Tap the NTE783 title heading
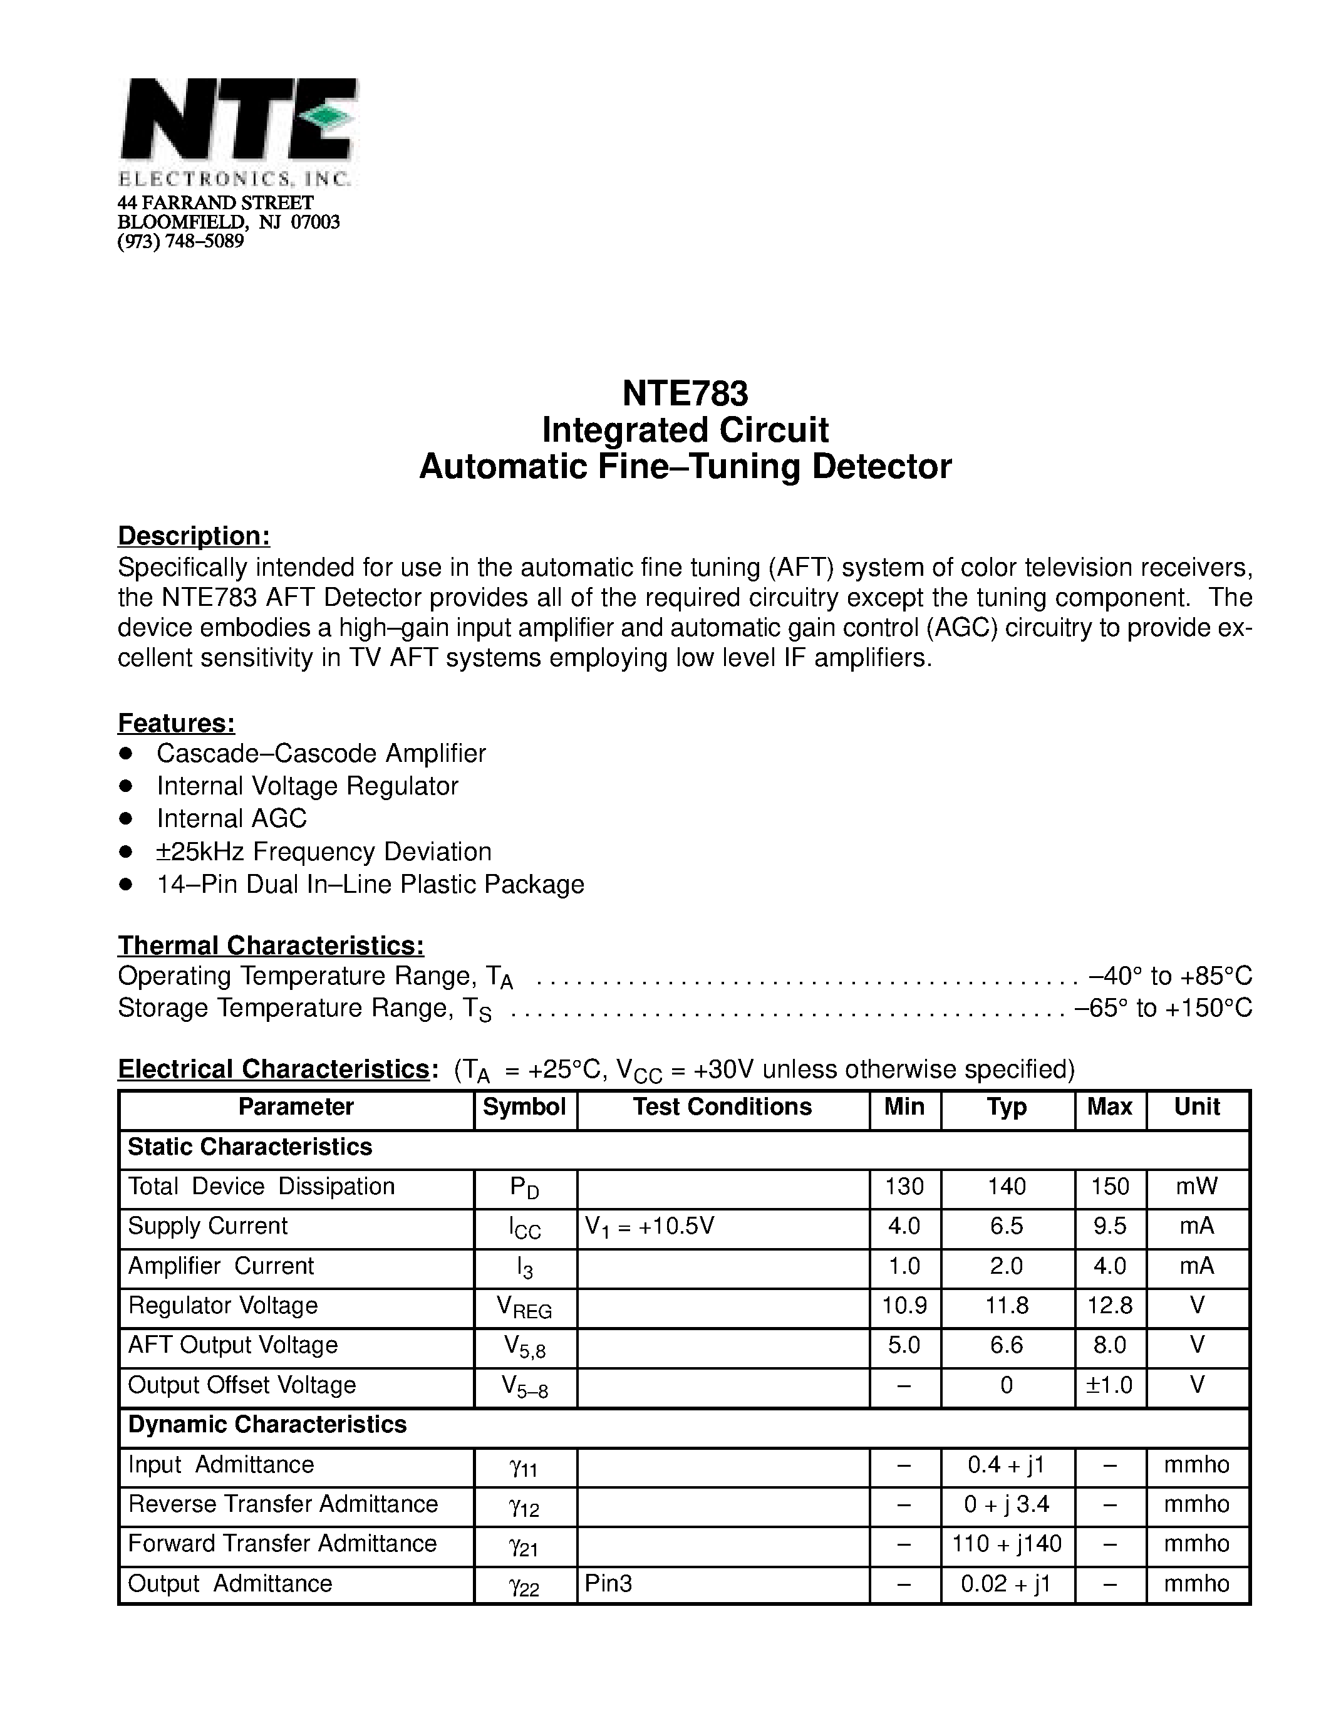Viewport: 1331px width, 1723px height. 685,392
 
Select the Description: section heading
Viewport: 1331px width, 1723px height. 194,536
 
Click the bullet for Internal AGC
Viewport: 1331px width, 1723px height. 125,819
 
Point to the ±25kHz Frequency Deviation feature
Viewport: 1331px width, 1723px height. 323,852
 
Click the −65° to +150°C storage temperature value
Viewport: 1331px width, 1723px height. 1163,1008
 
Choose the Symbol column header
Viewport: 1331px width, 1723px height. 524,1107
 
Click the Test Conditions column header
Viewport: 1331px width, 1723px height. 722,1107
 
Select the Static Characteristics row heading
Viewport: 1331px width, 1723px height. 250,1147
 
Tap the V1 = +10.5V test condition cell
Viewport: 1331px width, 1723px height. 650,1226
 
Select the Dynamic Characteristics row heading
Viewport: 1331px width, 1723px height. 267,1425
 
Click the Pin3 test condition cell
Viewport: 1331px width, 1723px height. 609,1583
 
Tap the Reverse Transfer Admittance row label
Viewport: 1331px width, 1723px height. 283,1504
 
